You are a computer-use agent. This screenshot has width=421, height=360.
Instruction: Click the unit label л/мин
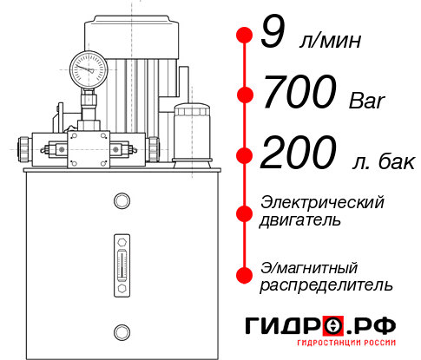point(329,41)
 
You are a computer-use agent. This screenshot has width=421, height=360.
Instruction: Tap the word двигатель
point(299,220)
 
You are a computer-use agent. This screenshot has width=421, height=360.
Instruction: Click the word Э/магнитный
point(309,266)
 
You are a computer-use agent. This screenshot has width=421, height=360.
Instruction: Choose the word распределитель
point(326,285)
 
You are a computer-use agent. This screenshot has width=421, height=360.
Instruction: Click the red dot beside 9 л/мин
point(244,35)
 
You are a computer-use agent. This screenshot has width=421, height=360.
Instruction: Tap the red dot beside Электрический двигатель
point(244,211)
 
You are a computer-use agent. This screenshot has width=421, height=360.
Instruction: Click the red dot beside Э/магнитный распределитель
point(244,274)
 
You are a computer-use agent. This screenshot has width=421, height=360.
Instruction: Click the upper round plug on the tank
point(121,202)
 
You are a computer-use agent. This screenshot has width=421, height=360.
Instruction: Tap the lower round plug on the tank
point(121,331)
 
